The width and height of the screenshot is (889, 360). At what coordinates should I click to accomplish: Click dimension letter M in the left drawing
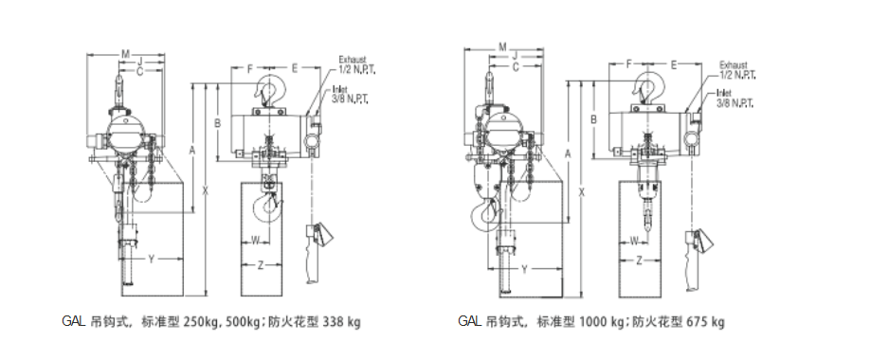coord(125,54)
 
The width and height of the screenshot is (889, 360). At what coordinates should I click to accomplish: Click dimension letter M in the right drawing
coord(502,47)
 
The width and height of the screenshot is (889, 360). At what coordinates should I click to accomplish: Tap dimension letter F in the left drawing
coord(250,69)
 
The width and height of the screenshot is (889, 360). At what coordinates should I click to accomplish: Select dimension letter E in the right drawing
coord(674,64)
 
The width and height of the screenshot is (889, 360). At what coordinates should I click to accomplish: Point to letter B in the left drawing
coord(217,122)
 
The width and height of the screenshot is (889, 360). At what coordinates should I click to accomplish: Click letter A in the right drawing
coord(568,153)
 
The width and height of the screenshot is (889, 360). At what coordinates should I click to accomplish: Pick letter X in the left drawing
coord(206,191)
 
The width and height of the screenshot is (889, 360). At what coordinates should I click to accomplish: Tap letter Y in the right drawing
coord(524,269)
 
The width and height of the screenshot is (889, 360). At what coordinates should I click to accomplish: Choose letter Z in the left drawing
coord(261,265)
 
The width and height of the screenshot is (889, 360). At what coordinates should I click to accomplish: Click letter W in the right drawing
coord(634,241)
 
